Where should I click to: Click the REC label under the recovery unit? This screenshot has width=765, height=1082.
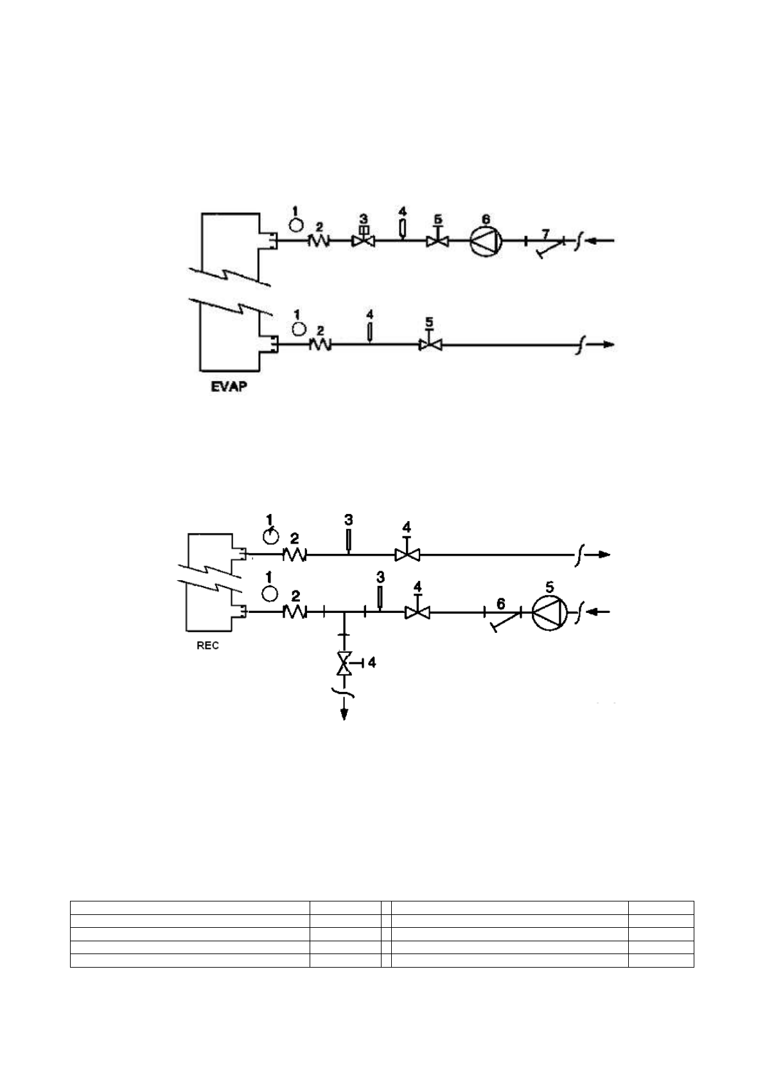point(207,645)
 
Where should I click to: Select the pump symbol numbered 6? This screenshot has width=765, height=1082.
point(485,242)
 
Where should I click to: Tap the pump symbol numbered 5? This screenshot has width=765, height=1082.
point(550,613)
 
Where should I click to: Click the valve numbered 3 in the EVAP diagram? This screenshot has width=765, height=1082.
point(364,241)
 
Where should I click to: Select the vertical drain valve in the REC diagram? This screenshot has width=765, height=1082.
point(344,662)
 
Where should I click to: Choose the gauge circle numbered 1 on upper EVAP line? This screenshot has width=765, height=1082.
point(296,224)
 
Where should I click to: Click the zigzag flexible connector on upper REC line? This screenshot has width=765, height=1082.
point(294,554)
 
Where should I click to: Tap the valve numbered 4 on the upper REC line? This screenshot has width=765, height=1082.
point(407,554)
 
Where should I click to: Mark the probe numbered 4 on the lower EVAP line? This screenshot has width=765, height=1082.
point(370,332)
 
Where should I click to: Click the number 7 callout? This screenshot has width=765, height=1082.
point(545,231)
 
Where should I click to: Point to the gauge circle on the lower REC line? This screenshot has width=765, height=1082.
point(270,591)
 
